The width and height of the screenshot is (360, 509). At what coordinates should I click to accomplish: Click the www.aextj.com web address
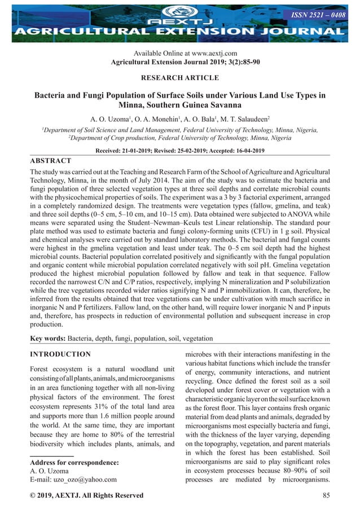coord(208,53)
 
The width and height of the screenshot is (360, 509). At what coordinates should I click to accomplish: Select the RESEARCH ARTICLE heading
coord(179,77)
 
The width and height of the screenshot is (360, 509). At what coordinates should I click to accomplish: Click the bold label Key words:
coord(47,339)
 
